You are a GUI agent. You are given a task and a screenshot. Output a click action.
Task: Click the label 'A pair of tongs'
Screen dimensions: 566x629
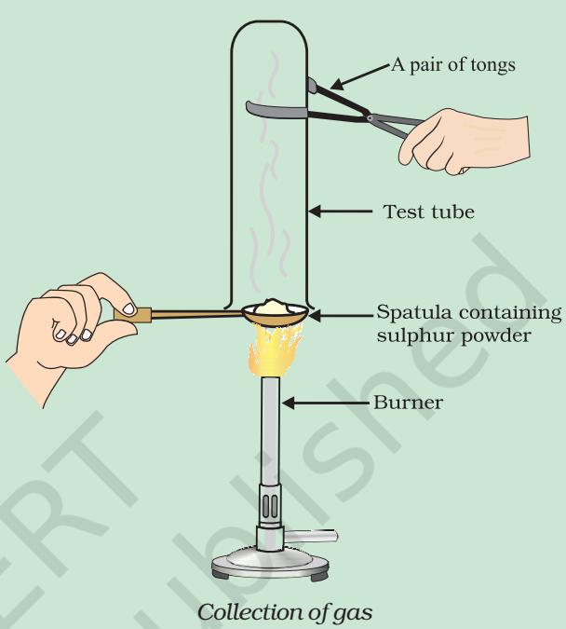pyautogui.click(x=453, y=64)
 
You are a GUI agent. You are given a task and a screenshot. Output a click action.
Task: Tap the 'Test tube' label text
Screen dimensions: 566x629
pyautogui.click(x=429, y=212)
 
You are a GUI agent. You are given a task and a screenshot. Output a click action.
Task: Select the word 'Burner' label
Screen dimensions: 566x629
pyautogui.click(x=408, y=402)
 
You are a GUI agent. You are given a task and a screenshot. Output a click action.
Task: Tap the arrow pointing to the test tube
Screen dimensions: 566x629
pyautogui.click(x=341, y=211)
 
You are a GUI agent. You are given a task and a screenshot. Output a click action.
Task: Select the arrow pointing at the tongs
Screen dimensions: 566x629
pyautogui.click(x=360, y=75)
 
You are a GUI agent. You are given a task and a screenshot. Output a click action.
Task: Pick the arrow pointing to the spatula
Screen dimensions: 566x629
pyautogui.click(x=341, y=316)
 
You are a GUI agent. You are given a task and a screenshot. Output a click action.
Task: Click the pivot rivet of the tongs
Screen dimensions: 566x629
pyautogui.click(x=370, y=118)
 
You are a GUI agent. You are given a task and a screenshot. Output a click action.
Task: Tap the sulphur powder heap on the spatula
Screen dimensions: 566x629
pyautogui.click(x=275, y=306)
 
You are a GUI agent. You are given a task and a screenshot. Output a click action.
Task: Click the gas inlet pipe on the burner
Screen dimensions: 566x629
pyautogui.click(x=311, y=536)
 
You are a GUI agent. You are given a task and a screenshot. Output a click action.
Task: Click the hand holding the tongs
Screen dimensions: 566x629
pyautogui.click(x=464, y=143)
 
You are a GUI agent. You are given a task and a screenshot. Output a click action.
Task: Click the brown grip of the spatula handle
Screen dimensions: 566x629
pyautogui.click(x=133, y=315)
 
